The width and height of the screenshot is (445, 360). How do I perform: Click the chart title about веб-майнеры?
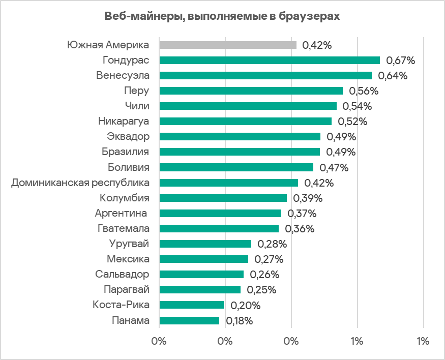(x=222, y=16)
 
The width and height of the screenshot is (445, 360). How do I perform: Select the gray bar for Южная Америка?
(x=228, y=45)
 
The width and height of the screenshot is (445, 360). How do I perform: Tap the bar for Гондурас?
(x=270, y=60)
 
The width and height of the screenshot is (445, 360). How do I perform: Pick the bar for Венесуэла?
(x=265, y=75)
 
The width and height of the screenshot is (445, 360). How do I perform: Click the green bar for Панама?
(x=189, y=320)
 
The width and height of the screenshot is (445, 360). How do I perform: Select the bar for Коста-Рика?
(x=192, y=305)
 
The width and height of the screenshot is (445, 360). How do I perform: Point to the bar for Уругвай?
(x=205, y=244)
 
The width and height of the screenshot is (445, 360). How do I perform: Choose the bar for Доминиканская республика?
(x=229, y=183)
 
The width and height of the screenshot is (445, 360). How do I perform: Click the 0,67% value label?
(x=401, y=61)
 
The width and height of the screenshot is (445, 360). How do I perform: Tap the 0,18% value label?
(x=239, y=321)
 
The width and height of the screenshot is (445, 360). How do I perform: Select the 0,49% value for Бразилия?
(x=341, y=152)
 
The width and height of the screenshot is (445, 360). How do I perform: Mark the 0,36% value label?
(x=300, y=229)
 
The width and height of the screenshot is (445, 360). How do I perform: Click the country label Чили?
(x=137, y=106)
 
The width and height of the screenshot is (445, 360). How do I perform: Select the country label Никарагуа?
(x=124, y=121)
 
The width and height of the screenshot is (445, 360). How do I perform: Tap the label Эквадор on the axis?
(x=128, y=136)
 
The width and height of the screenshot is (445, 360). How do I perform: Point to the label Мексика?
(x=128, y=259)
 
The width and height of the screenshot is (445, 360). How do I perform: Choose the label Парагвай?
(x=126, y=290)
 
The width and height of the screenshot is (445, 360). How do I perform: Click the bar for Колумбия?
(x=223, y=198)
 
